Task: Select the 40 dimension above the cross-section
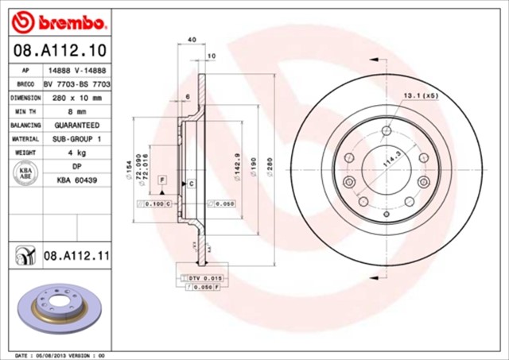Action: tap(191, 39)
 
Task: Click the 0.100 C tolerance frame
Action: tap(156, 204)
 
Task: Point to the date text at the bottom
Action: tap(60, 354)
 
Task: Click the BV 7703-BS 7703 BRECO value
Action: tap(76, 83)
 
